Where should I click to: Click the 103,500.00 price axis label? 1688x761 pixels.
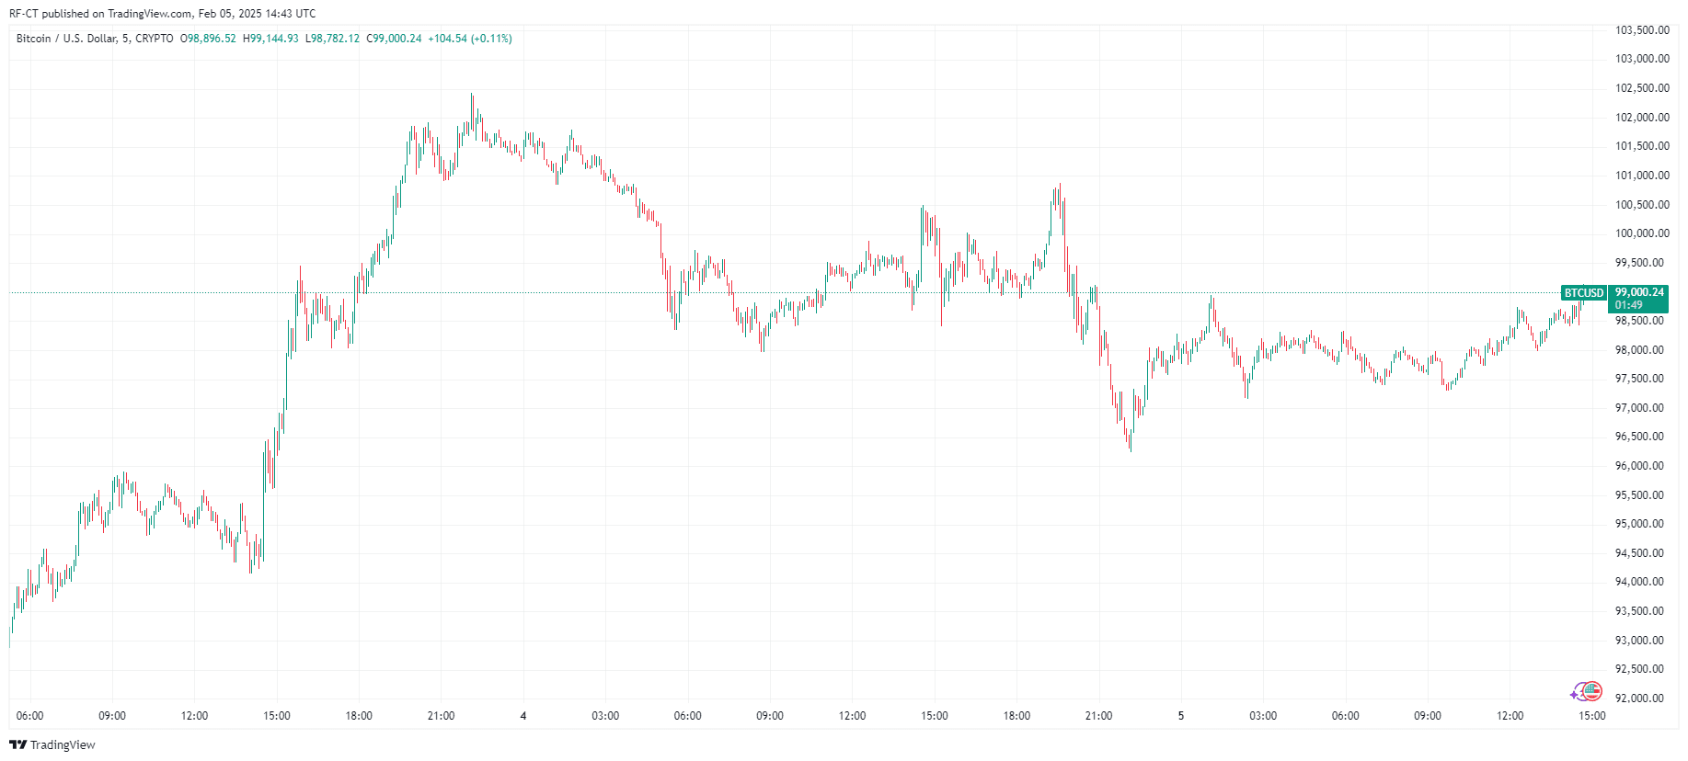[1642, 30]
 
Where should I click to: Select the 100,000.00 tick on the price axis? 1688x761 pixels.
[1642, 233]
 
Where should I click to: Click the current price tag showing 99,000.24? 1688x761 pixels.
[1639, 292]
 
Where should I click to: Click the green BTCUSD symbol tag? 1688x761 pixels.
[1583, 293]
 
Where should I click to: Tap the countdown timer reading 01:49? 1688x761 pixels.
[1628, 305]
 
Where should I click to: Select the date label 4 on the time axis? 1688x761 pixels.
[523, 716]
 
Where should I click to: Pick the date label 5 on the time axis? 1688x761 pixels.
[1181, 716]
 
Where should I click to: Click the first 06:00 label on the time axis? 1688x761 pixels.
[30, 716]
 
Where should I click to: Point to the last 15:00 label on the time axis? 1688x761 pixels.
[1591, 716]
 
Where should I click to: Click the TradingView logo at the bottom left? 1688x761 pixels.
[52, 744]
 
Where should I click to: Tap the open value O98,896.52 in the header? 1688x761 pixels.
[208, 39]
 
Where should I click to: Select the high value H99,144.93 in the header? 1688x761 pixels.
[270, 39]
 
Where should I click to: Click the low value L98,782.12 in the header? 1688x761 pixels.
[332, 39]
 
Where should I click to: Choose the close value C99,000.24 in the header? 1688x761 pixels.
[394, 39]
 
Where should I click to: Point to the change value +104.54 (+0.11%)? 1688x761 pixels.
[470, 39]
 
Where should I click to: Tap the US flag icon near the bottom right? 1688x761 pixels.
[1592, 691]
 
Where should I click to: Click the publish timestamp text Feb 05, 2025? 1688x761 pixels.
[230, 14]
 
